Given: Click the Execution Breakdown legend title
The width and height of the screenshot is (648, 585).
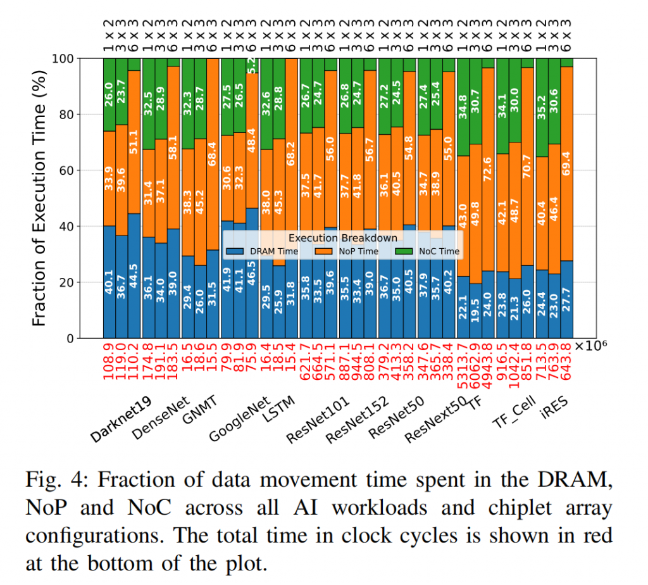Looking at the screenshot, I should point(342,238).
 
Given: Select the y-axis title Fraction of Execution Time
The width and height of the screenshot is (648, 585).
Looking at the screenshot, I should point(39,198).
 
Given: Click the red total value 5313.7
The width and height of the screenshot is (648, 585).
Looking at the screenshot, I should point(463,363).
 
